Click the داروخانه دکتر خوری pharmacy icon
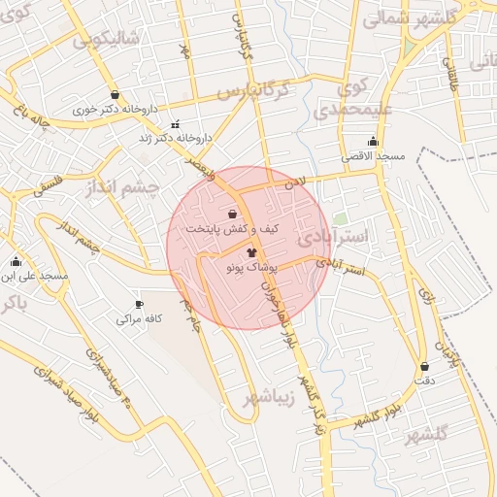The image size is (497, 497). (116, 95)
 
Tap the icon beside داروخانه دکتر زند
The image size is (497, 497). (175, 124)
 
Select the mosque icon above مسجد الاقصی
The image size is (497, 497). (373, 142)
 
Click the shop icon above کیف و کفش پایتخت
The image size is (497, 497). (232, 214)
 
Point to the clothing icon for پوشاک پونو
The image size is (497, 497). (239, 251)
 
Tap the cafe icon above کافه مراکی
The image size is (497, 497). (139, 304)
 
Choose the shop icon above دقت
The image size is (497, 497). (425, 366)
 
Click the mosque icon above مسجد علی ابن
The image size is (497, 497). (16, 261)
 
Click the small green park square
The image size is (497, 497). (340, 218)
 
